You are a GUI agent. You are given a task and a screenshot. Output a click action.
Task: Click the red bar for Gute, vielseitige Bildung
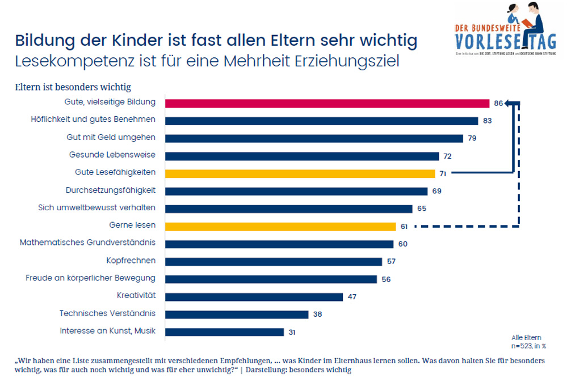(327, 103)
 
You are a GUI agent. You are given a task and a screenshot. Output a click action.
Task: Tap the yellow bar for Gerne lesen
(280, 226)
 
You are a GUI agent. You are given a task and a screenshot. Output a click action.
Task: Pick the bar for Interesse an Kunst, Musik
(224, 332)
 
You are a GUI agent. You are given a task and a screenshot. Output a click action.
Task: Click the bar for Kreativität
(254, 296)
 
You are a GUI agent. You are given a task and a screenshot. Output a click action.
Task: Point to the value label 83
(488, 121)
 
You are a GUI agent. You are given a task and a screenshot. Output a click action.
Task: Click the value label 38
(318, 314)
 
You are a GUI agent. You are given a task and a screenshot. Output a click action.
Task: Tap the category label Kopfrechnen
(131, 261)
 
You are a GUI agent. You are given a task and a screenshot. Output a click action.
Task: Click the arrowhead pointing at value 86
(508, 103)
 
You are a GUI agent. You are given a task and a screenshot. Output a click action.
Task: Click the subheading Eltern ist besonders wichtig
(73, 87)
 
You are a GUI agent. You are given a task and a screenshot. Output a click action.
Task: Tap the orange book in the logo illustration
(527, 23)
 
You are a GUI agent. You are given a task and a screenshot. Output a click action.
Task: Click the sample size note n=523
(527, 345)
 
